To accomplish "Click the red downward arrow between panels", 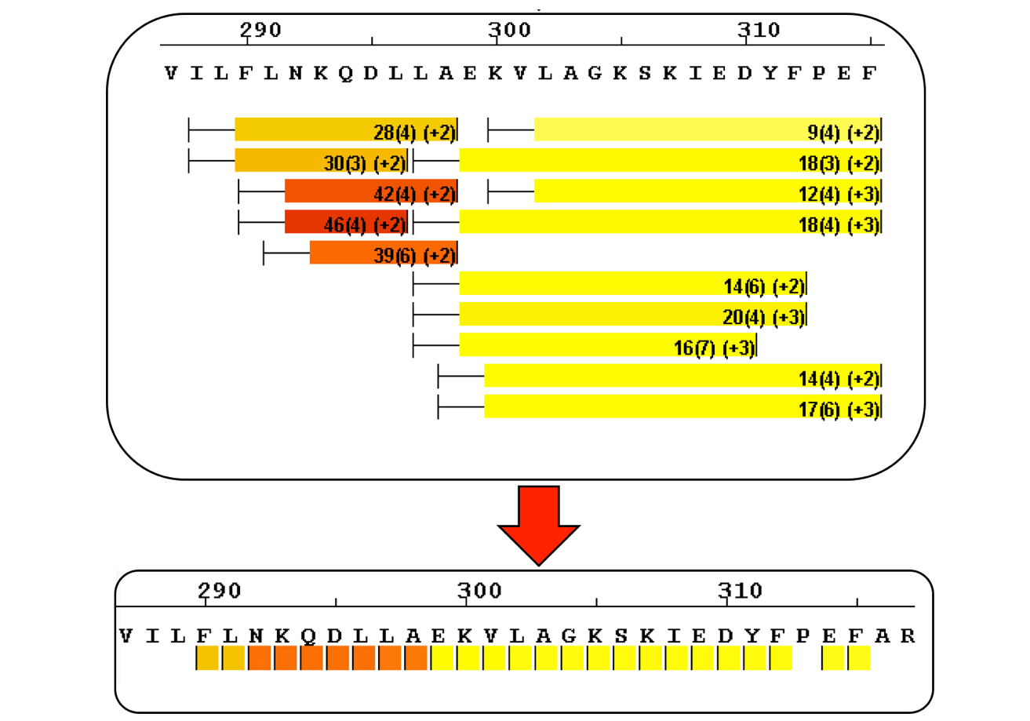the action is pos(538,525).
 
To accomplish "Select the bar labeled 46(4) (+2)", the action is pos(346,221).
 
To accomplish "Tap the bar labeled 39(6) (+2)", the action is pos(384,253).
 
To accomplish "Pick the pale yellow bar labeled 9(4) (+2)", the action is pos(708,129).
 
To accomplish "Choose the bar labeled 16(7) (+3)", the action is pos(608,344).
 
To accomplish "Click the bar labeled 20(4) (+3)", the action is pos(633,314).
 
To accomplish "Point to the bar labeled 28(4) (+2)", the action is pos(346,129).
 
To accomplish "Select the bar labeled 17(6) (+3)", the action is pos(682,406).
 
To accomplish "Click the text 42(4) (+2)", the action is pos(414,194).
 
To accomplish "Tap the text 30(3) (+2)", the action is pos(365,163).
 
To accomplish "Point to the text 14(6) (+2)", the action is pos(764,286).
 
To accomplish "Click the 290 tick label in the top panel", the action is pos(260,30).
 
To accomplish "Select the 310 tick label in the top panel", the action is pos(759,30).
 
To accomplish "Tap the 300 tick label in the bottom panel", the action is pos(479,591).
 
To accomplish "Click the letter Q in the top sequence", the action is pos(345,73).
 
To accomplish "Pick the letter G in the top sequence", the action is pos(595,73).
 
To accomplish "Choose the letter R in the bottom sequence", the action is pos(908,636).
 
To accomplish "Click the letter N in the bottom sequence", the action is pos(256,636).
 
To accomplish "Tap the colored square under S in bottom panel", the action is pos(624,657).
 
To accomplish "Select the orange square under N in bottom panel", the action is pos(259,657).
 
